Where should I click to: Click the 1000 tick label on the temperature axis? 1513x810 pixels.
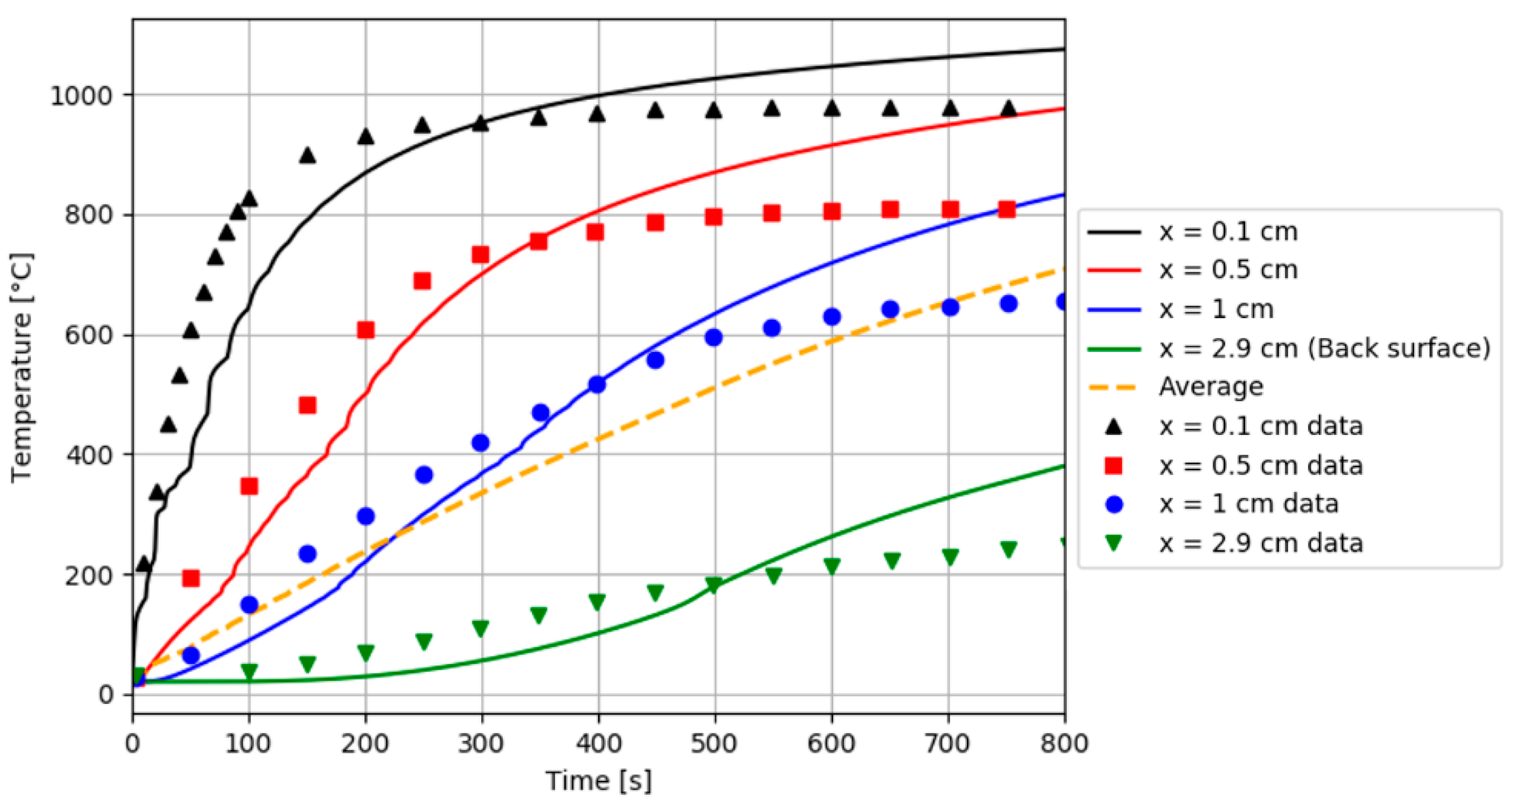[81, 96]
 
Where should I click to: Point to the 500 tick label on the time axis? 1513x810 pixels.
[714, 743]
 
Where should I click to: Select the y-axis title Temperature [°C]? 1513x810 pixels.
[22, 368]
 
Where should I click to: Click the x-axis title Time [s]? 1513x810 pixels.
[599, 781]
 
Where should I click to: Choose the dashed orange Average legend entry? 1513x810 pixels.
[1211, 386]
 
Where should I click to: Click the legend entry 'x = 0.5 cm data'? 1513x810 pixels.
[1260, 466]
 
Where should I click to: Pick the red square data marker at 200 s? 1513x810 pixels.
[366, 330]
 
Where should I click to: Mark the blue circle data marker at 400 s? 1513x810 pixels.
[597, 385]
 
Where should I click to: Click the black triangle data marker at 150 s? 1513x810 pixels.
[308, 156]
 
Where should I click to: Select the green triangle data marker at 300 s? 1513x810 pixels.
[481, 628]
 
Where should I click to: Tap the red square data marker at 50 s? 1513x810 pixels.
[191, 578]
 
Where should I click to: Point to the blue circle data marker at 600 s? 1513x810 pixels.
[832, 317]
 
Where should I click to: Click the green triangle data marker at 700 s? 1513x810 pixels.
[951, 556]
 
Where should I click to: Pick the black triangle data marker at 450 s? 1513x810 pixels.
[656, 111]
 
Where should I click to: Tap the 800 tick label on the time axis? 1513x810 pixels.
[1065, 743]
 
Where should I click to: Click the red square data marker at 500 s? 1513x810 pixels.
[714, 217]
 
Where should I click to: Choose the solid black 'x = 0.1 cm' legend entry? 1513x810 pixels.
[1228, 232]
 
